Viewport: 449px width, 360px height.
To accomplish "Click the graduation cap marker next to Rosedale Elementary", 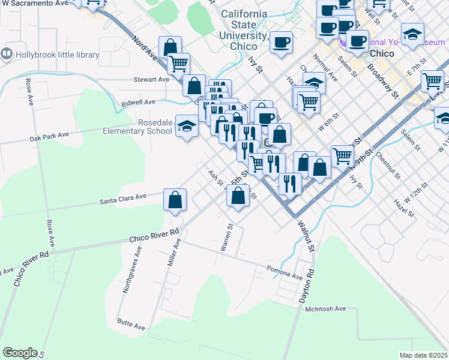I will point(187,126).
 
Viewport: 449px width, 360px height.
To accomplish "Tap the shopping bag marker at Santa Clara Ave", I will point(175,200).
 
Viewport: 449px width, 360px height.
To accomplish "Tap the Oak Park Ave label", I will point(49,138).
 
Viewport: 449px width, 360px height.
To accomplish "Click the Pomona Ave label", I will point(285,273).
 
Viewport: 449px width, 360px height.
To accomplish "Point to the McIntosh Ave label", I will point(326,309).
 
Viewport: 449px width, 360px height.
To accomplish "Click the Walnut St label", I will point(305,235).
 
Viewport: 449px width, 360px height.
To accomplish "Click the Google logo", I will point(20,353).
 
